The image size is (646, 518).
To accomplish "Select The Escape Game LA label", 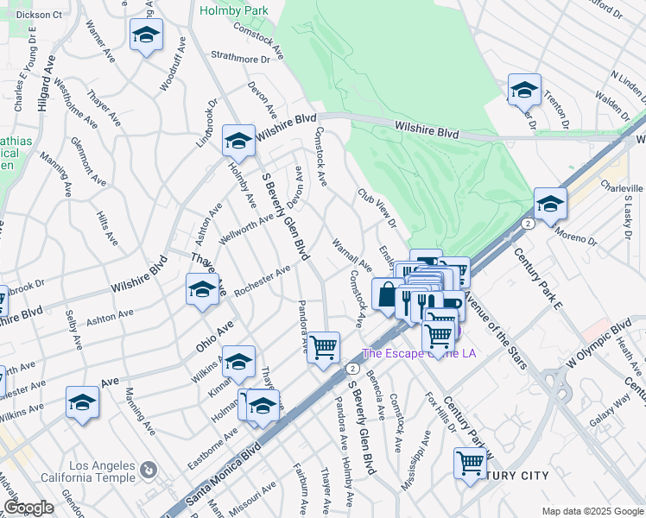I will click(419, 352).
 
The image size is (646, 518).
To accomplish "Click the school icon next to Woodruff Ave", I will click(146, 35).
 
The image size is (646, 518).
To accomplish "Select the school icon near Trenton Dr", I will click(523, 89).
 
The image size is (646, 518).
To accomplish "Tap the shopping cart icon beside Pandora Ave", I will click(324, 347).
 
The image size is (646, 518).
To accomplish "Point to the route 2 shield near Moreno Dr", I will click(526, 223).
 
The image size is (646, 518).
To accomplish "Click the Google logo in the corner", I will click(28, 508).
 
